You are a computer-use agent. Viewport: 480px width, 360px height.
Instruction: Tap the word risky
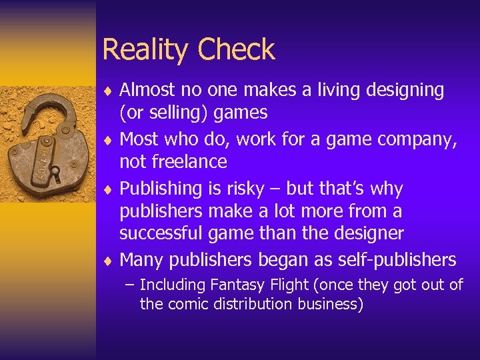tap(245, 189)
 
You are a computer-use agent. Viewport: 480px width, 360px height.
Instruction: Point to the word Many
tap(143, 259)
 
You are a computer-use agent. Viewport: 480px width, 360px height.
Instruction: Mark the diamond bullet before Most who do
tap(107, 139)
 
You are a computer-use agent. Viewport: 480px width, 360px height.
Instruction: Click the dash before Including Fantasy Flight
tap(129, 285)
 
